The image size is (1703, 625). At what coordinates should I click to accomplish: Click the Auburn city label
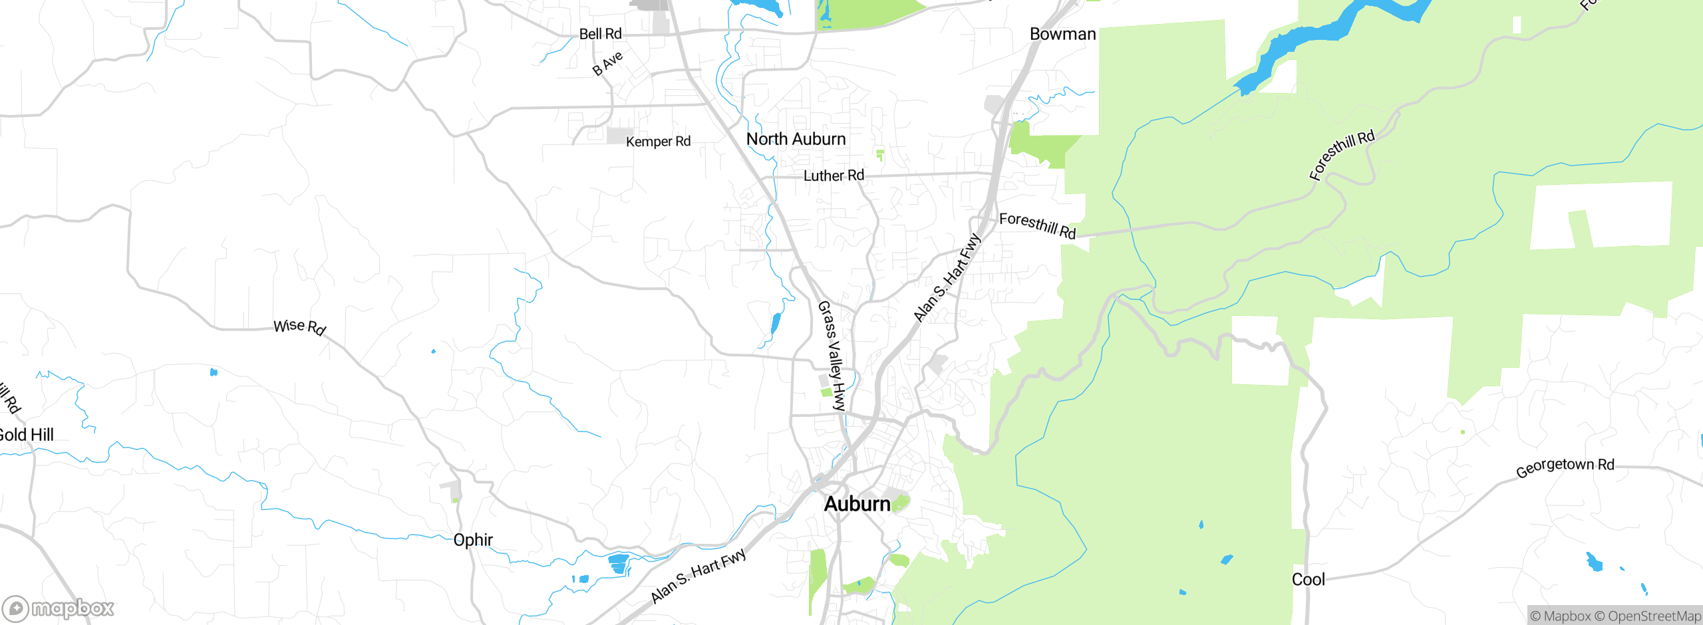[857, 504]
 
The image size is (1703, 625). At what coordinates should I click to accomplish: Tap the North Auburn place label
[796, 139]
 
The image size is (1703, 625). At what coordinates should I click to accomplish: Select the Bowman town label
[1062, 34]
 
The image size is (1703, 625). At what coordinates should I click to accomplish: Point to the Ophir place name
[472, 540]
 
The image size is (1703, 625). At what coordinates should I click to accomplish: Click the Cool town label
[1308, 580]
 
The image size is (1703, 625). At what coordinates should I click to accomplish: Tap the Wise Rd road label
[299, 326]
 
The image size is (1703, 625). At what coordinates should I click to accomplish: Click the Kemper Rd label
[658, 142]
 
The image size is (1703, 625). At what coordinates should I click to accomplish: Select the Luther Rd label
[834, 176]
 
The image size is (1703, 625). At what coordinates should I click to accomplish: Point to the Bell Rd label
[600, 34]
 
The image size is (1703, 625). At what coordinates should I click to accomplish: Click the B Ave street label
[608, 62]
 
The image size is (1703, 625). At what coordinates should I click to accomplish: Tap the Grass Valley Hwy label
[831, 356]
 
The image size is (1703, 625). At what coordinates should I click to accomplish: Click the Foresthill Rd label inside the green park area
[1341, 156]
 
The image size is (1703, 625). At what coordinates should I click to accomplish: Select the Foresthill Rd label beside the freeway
[1037, 225]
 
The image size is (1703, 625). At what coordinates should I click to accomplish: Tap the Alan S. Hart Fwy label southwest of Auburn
[698, 576]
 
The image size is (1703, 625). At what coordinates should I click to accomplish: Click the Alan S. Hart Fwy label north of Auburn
[947, 277]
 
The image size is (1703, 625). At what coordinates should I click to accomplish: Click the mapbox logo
[59, 608]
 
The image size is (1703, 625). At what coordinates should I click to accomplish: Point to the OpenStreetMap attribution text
[1654, 616]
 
